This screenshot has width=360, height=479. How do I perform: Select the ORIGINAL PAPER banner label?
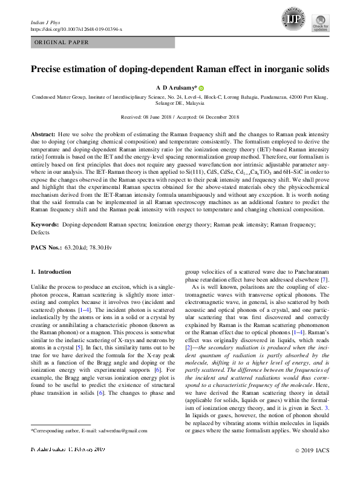coord(62,42)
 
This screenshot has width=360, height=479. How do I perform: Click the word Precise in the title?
coord(48,68)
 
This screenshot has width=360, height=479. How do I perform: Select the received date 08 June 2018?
coord(159,117)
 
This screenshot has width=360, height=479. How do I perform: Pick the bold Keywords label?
coord(45,225)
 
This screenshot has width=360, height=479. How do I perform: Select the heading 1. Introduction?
coord(51,272)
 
